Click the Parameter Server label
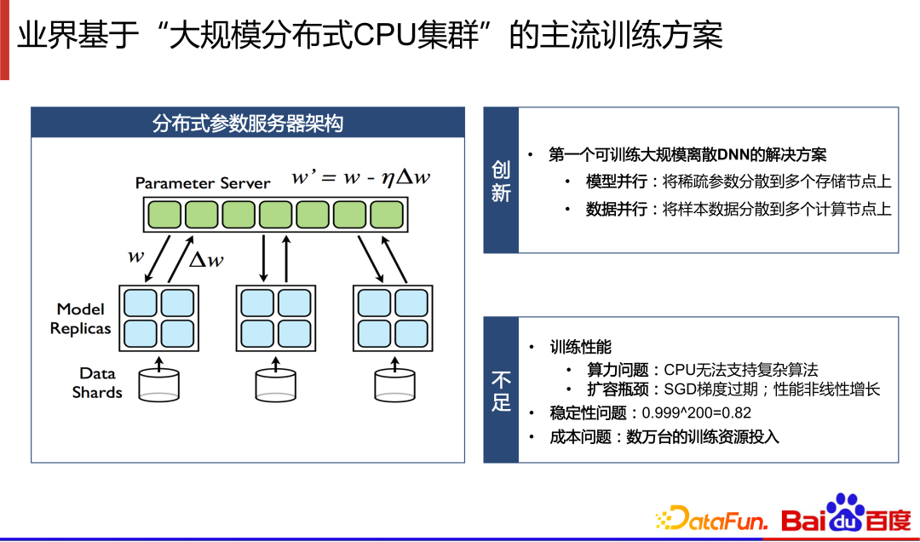[203, 183]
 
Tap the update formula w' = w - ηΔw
[361, 176]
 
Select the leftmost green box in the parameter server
[164, 215]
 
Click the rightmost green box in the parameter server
[388, 215]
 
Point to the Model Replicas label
[80, 319]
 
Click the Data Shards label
[97, 383]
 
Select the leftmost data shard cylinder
[159, 384]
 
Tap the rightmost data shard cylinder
[395, 384]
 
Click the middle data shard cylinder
[276, 384]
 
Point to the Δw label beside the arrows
[206, 259]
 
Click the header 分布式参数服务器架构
[248, 124]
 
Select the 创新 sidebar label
[501, 182]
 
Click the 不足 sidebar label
[501, 391]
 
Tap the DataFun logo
[712, 518]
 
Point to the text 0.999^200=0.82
[697, 412]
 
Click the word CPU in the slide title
[386, 35]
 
